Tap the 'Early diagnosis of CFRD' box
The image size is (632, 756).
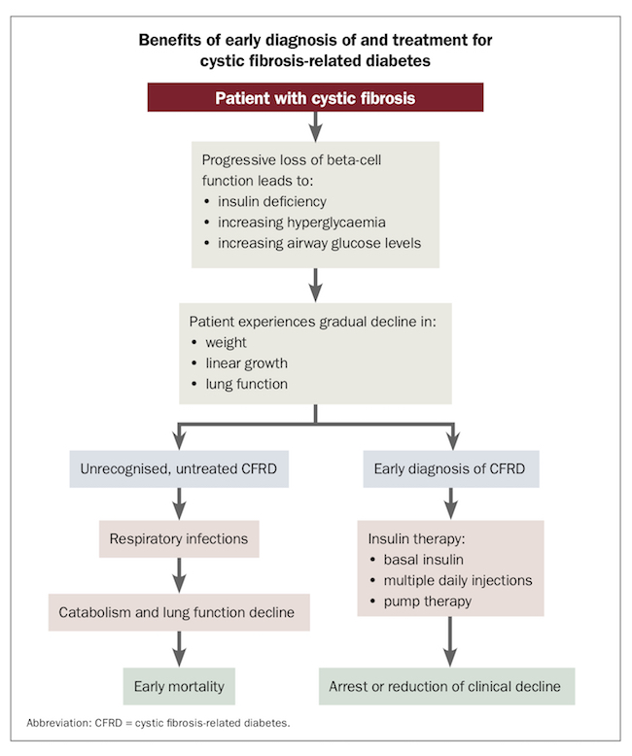449,468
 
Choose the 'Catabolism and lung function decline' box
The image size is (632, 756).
178,612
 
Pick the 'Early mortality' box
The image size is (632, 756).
180,686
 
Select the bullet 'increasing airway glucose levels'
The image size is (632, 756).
312,243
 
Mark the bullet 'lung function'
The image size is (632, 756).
247,385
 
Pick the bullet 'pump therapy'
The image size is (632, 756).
426,601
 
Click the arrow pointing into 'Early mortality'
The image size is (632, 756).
179,649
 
